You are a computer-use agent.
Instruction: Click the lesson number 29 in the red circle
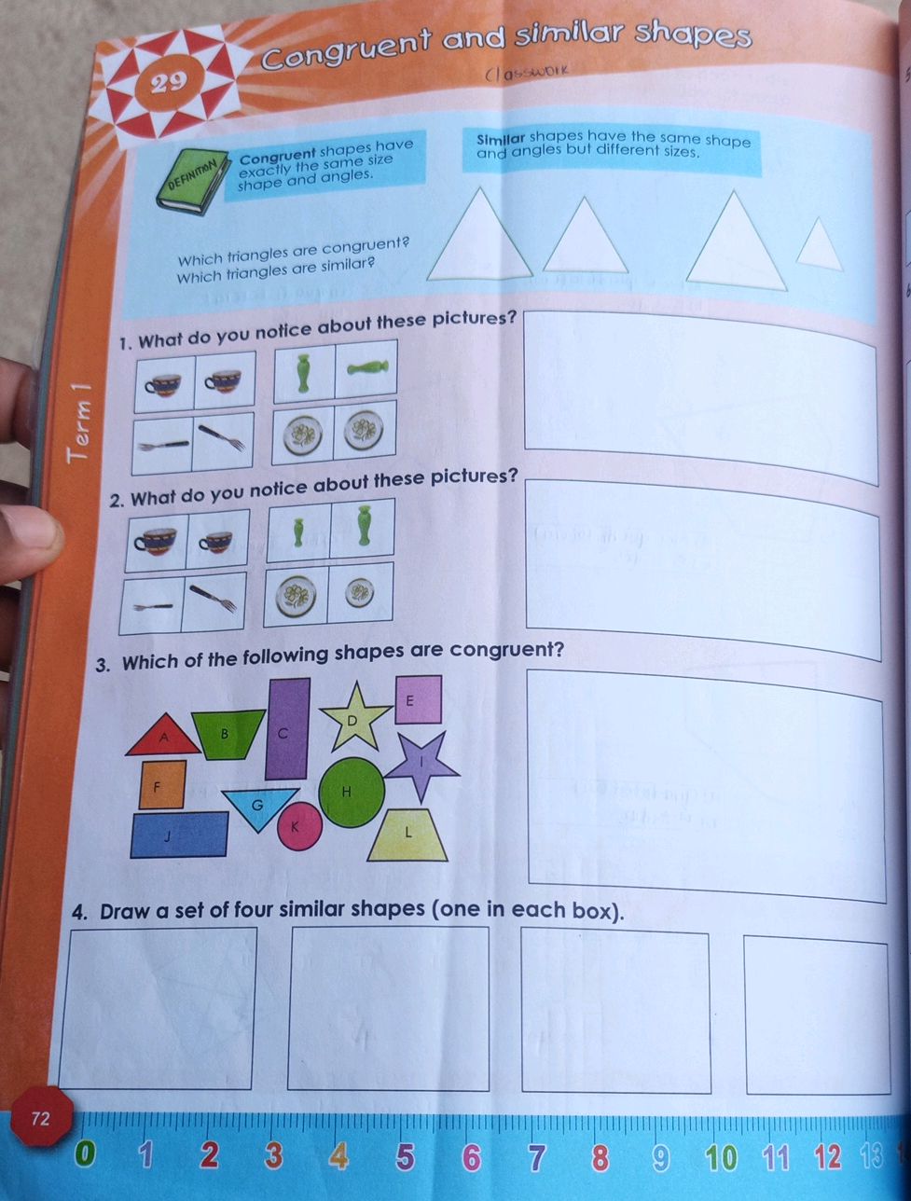pyautogui.click(x=169, y=83)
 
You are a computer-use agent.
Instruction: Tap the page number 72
pyautogui.click(x=40, y=1118)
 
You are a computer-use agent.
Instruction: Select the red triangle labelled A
pyautogui.click(x=163, y=737)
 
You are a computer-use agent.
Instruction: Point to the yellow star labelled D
pyautogui.click(x=354, y=716)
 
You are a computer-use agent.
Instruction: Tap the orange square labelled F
pyautogui.click(x=163, y=784)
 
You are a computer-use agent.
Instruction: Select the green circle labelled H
pyautogui.click(x=351, y=792)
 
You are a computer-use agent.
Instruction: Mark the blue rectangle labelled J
pyautogui.click(x=179, y=835)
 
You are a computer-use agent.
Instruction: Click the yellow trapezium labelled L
pyautogui.click(x=408, y=835)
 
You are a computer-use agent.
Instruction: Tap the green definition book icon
pyautogui.click(x=196, y=179)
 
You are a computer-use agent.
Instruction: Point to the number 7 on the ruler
pyautogui.click(x=536, y=1157)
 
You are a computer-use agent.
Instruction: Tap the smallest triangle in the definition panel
pyautogui.click(x=820, y=245)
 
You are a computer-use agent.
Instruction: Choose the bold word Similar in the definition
pyautogui.click(x=501, y=140)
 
